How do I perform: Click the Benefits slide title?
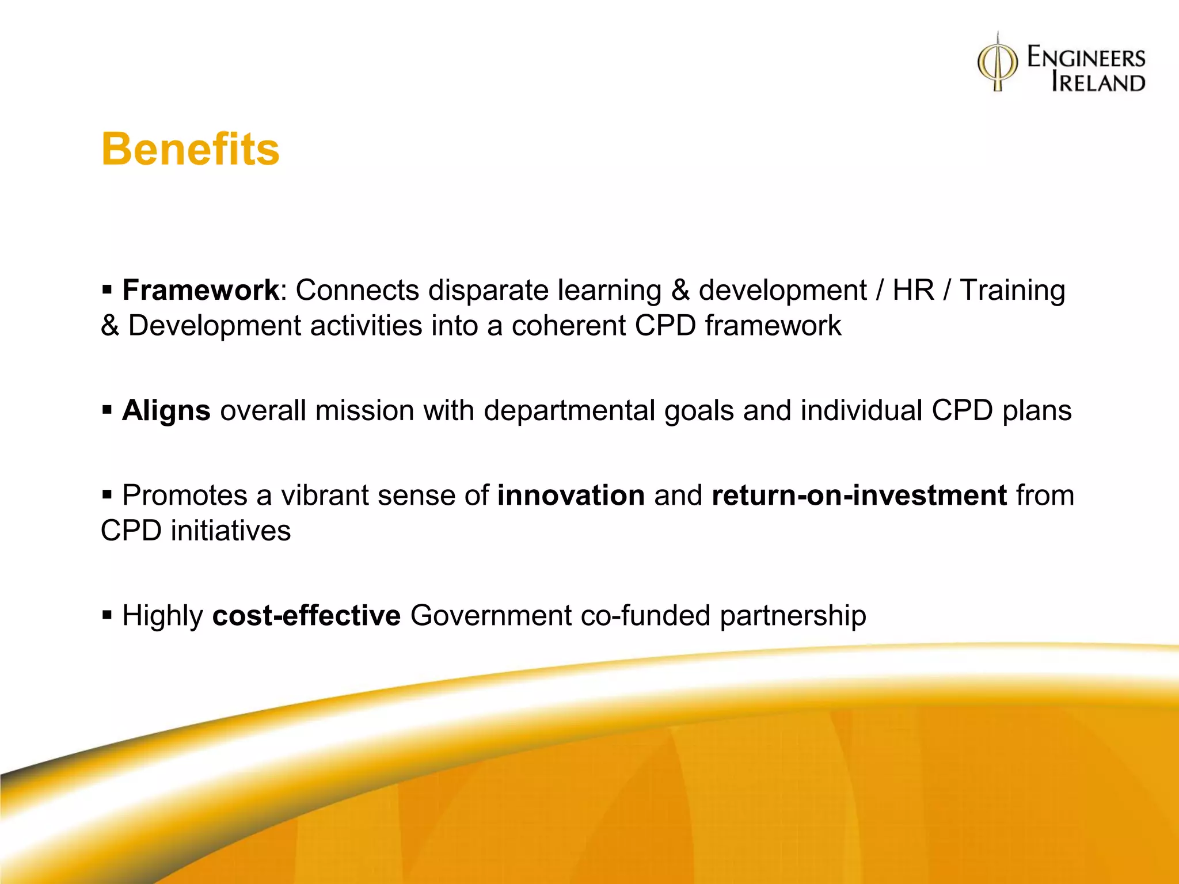pos(190,149)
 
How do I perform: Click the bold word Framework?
pos(200,290)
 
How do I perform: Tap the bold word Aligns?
pos(166,411)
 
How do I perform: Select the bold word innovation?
pos(571,496)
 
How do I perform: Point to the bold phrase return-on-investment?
pos(859,496)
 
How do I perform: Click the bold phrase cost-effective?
pos(306,616)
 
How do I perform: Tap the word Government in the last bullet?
pos(490,616)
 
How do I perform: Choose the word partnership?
pos(793,616)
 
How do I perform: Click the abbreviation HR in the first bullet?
pos(913,290)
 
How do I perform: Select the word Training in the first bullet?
pos(1013,290)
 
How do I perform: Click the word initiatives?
pos(230,531)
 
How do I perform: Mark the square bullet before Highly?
pos(107,615)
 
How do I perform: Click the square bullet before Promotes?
pos(107,495)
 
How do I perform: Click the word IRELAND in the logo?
pos(1098,82)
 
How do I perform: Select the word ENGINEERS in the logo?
pos(1086,58)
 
